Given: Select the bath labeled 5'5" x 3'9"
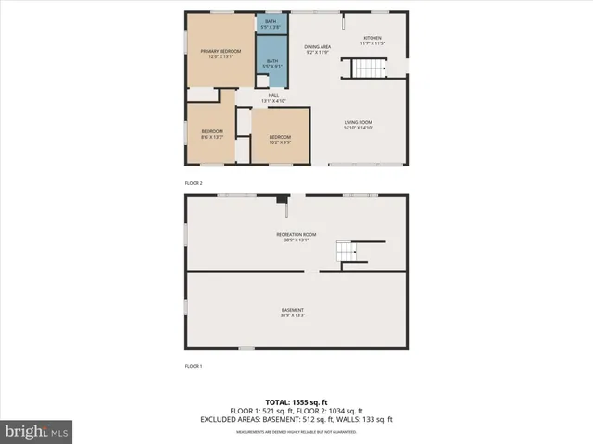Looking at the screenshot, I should (271, 24).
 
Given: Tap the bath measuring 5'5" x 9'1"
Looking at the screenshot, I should (271, 64).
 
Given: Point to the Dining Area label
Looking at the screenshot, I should (318, 49).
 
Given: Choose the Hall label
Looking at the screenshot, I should (273, 97).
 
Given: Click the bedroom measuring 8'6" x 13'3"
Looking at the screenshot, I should (212, 134).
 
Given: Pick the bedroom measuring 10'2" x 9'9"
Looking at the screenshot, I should (280, 140).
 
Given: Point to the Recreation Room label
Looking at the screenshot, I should (296, 237).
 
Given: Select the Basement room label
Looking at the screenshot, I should (293, 313).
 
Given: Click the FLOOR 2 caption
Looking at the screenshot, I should (194, 183).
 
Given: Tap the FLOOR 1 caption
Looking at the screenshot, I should (194, 366).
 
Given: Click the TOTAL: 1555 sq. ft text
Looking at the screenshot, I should (296, 402).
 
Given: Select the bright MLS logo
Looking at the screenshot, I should (37, 430).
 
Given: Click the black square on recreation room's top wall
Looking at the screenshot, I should (281, 198).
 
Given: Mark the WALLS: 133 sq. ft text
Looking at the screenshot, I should (368, 420).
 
